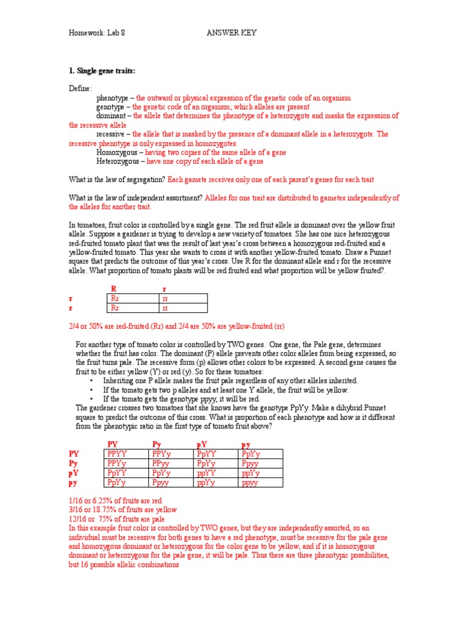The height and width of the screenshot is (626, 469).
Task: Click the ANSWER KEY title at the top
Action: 231,32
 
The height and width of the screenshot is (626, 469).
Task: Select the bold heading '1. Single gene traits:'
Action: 102,72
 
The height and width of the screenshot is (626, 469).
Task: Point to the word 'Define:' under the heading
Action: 81,89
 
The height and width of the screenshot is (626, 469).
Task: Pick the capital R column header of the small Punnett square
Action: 113,289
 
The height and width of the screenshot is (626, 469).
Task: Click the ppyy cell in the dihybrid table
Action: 250,483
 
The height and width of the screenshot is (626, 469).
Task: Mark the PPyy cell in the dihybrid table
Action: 161,464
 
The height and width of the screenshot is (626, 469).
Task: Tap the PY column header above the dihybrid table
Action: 113,443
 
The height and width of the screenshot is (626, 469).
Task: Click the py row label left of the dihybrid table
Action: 73,483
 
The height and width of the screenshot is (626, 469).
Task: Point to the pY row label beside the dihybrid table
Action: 73,473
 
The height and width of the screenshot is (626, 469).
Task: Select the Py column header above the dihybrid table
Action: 157,443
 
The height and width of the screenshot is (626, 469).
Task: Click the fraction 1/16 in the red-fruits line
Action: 77,500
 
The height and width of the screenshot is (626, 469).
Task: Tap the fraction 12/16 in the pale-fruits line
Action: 79,518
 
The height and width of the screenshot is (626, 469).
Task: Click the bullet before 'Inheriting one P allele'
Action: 90,381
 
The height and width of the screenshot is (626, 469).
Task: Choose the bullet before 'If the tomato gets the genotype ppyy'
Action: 90,399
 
